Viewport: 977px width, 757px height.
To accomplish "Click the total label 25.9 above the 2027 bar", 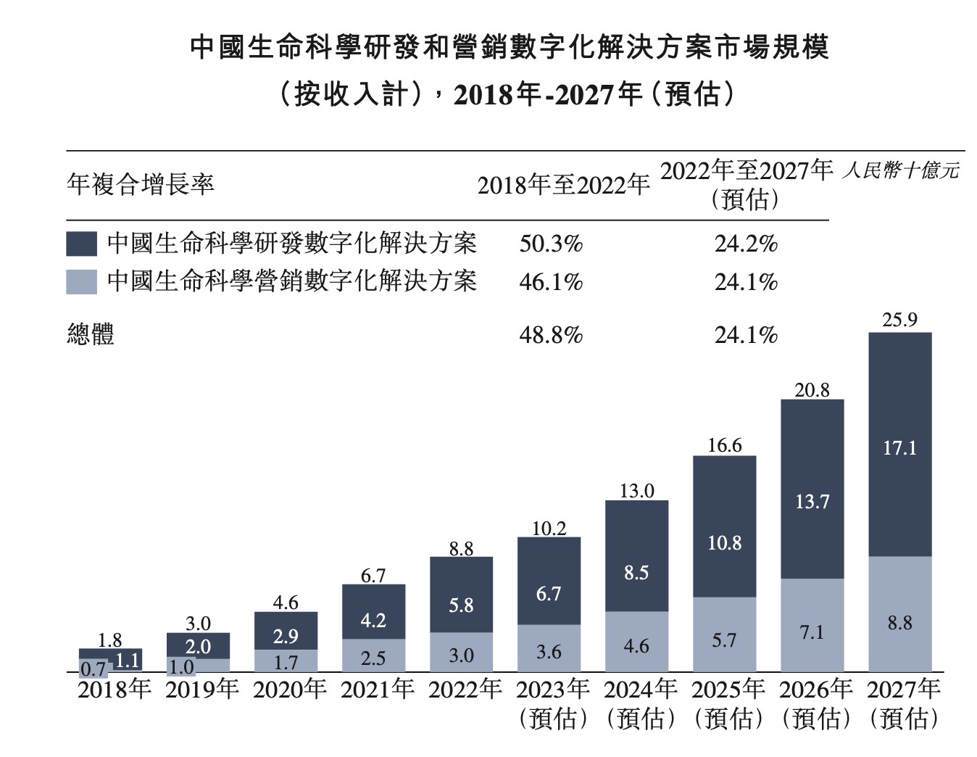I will tap(899, 320).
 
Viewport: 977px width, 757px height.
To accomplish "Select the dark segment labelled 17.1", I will tap(899, 445).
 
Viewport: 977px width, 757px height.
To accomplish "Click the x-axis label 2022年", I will tap(465, 689).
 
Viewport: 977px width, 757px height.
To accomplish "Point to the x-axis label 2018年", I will tap(114, 689).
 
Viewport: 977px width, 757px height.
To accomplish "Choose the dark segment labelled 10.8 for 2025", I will tap(724, 527).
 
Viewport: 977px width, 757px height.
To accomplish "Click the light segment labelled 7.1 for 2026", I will tap(812, 625).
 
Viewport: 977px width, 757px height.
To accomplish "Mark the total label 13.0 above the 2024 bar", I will tap(636, 491).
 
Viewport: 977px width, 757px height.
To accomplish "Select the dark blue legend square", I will tap(81, 244).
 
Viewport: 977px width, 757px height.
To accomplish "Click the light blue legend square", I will tap(81, 282).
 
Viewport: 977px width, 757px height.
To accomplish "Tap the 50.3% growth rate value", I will tap(551, 244).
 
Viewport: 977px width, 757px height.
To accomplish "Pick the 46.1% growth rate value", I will tap(551, 282).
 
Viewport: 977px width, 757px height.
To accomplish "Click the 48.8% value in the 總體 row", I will tap(551, 335).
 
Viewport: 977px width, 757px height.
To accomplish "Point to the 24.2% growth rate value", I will tap(746, 244).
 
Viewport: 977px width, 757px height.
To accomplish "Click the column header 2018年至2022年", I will tap(563, 186).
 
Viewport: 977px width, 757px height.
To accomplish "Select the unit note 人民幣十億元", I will tap(900, 170).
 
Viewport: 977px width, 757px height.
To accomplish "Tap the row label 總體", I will tap(91, 335).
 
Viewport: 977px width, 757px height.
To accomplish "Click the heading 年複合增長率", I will tap(141, 184).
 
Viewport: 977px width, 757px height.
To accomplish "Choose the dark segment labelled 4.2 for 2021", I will tap(373, 612).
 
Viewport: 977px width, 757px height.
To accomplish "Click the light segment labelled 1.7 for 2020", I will tap(286, 661).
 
